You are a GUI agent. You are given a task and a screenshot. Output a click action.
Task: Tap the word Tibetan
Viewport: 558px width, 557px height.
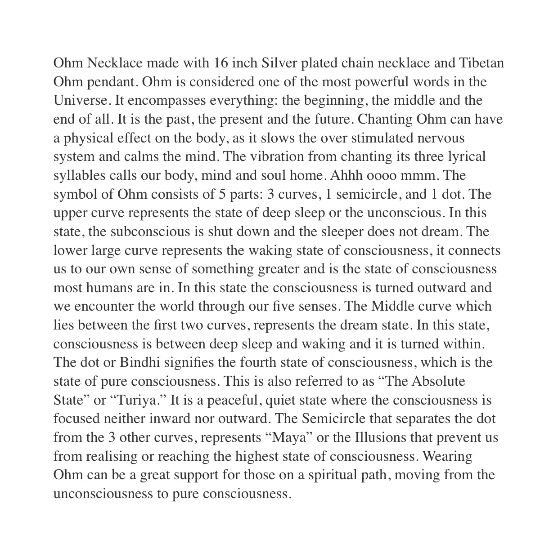pos(481,63)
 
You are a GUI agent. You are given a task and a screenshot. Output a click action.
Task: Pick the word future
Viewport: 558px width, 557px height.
pos(330,119)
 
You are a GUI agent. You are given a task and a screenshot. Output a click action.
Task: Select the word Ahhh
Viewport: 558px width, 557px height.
pos(346,175)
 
